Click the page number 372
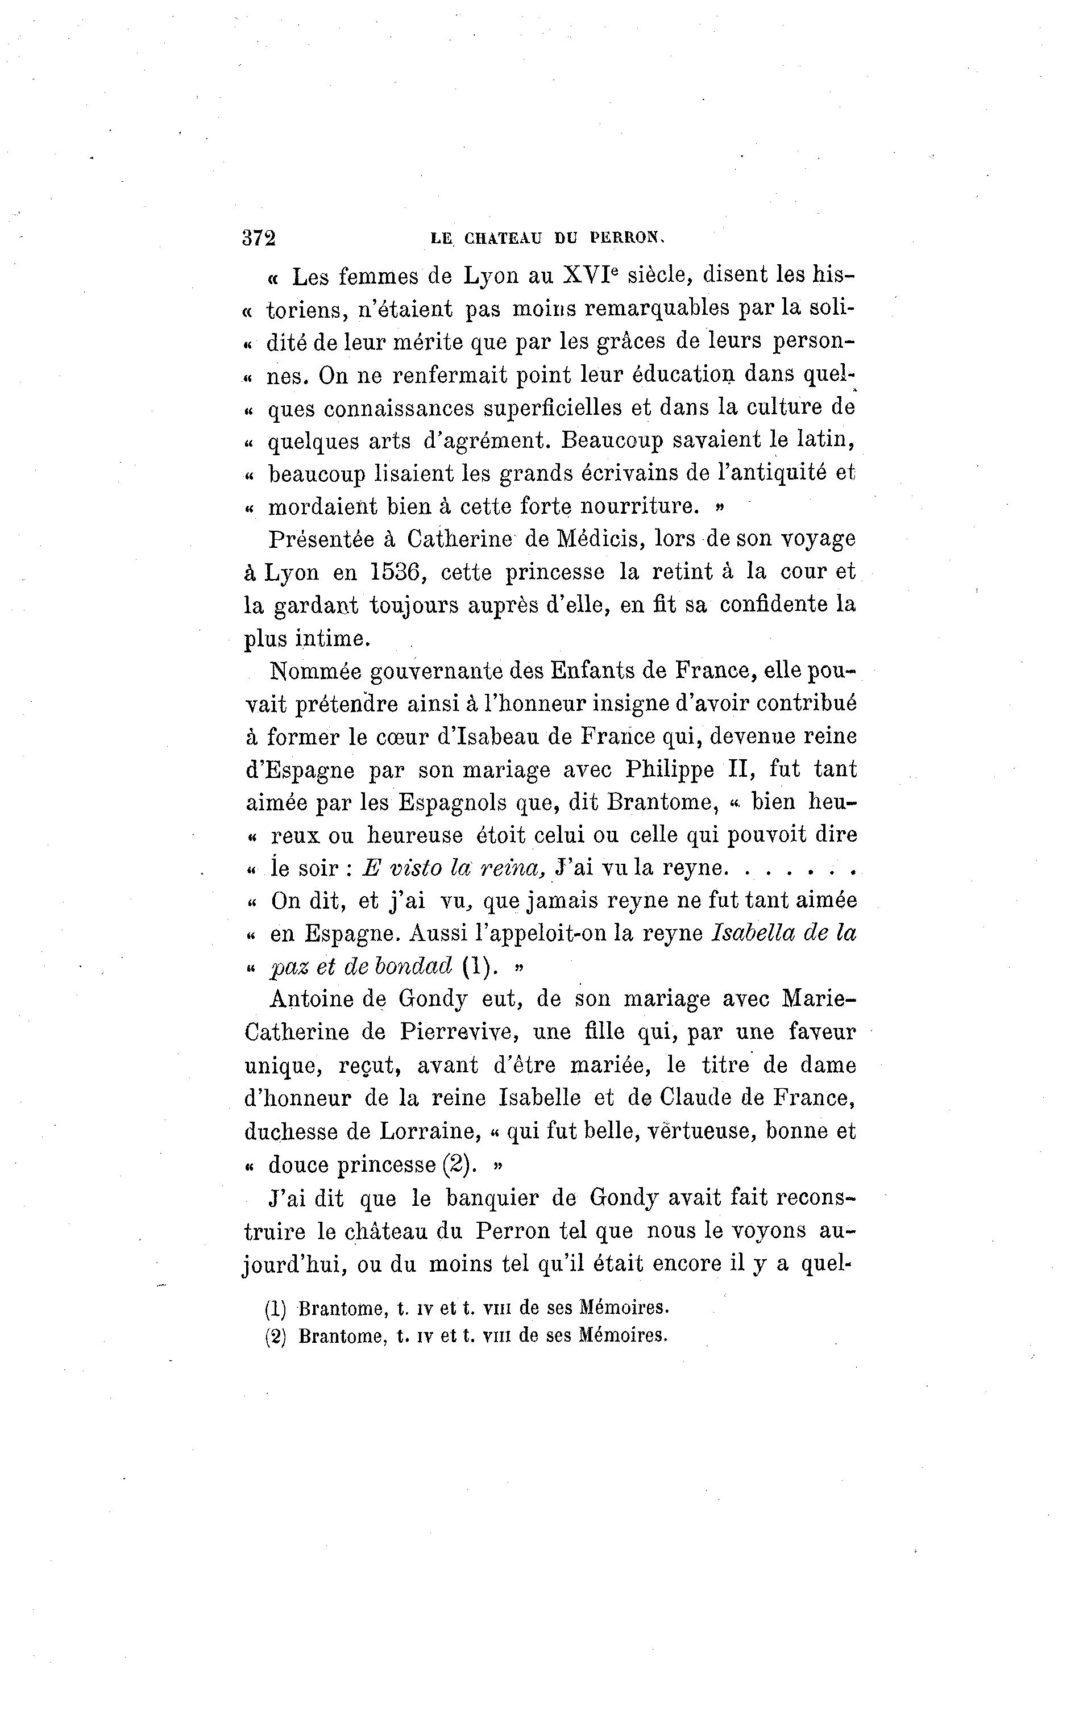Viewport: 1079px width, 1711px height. (x=259, y=238)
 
